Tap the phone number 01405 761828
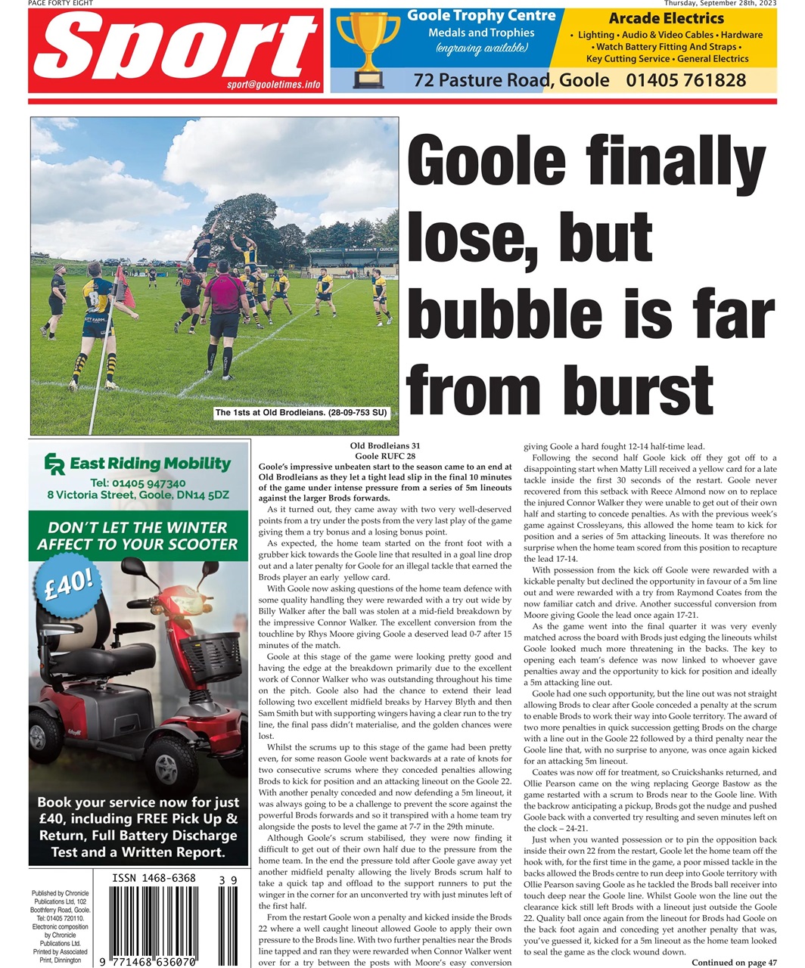click(x=685, y=80)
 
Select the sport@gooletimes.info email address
click(x=274, y=85)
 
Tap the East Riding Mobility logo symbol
click(x=54, y=464)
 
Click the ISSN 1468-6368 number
click(x=154, y=879)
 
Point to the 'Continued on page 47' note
click(x=733, y=962)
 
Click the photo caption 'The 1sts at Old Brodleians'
click(x=300, y=413)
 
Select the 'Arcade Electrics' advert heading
click(x=666, y=18)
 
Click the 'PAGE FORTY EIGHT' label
click(x=61, y=3)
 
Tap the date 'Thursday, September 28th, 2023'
click(x=720, y=3)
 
